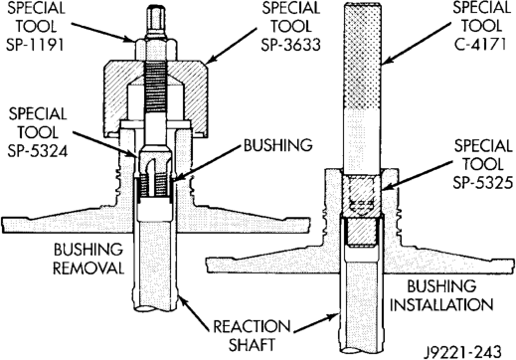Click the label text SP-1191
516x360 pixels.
[x=35, y=45]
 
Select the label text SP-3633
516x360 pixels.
[x=290, y=45]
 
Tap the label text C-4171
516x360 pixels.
[x=480, y=44]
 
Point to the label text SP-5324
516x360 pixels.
[x=38, y=151]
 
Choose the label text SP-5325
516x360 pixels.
[x=483, y=182]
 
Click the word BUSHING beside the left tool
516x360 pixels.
[x=278, y=145]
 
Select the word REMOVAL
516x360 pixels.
[x=88, y=268]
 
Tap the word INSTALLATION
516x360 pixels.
[x=441, y=304]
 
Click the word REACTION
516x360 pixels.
[x=252, y=326]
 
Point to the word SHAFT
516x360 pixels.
[x=252, y=344]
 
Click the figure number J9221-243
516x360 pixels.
[x=463, y=352]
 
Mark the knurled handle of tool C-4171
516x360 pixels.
[x=362, y=57]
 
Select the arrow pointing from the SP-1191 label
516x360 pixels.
[x=103, y=32]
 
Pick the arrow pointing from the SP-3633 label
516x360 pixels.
[x=232, y=46]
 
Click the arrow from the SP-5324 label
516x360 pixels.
[x=105, y=144]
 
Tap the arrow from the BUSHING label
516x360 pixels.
[x=206, y=164]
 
